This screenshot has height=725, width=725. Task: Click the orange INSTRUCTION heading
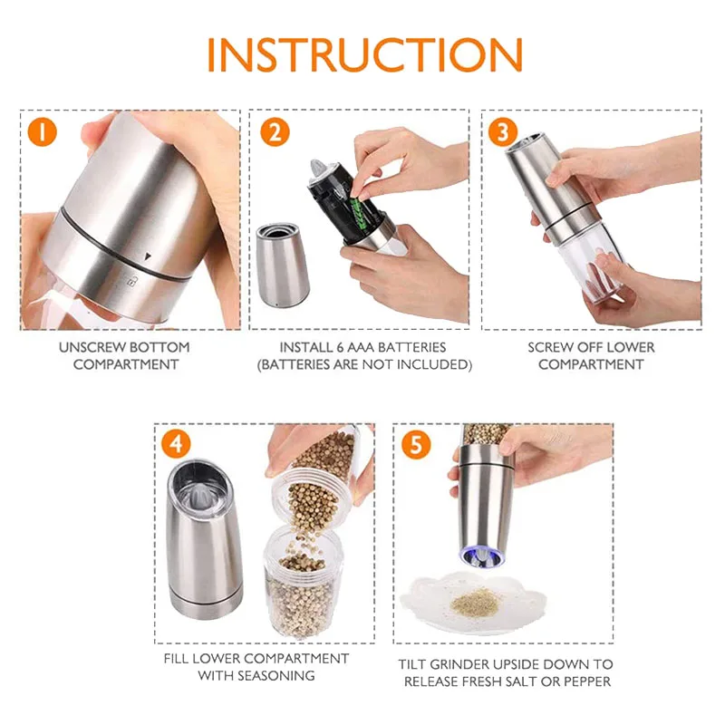pos(365,54)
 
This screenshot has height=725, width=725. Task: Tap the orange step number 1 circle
pos(42,131)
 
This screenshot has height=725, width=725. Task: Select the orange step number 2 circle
pos(275,132)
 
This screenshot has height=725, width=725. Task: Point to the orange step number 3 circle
pos(503,132)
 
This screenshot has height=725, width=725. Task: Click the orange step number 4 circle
pos(176,443)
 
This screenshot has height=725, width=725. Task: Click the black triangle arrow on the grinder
pos(148,256)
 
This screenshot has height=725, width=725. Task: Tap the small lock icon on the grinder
pos(130,281)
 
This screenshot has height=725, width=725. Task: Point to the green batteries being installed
pos(357,214)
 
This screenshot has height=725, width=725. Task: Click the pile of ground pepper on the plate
pos(477,602)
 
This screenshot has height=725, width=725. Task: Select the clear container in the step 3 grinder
pos(590,261)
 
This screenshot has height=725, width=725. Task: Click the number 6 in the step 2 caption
pos(341,347)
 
